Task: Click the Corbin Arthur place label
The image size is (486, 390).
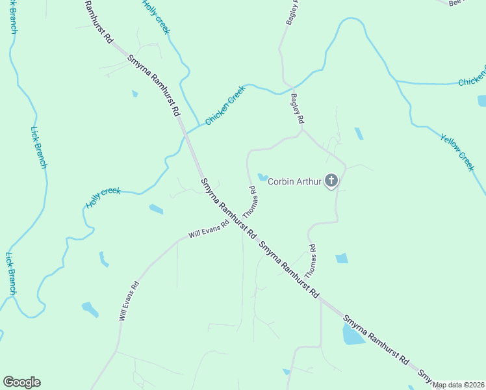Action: (296, 181)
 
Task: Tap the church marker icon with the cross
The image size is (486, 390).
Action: (331, 181)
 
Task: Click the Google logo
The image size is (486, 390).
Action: (21, 382)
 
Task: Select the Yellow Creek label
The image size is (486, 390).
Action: (457, 153)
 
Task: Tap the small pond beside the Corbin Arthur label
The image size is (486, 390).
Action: (263, 177)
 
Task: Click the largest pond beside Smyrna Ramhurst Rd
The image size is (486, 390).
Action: (353, 335)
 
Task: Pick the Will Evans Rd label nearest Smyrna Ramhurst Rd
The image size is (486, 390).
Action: (209, 229)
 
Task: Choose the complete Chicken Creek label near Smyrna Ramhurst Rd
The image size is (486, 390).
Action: (225, 105)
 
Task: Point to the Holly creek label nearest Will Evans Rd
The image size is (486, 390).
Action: (103, 198)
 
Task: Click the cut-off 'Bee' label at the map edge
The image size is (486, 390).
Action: (458, 3)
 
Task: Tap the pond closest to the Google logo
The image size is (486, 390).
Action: (90, 309)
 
